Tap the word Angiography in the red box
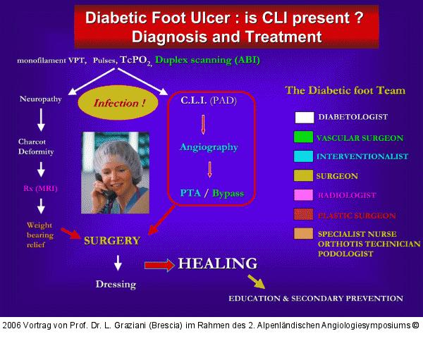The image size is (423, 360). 208,147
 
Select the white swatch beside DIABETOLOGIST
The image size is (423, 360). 304,118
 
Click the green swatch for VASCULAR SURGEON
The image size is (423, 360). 304,137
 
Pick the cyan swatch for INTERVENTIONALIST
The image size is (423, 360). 304,156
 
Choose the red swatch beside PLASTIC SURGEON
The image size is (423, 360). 304,215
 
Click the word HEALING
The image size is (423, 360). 217,264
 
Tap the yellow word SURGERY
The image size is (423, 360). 111,240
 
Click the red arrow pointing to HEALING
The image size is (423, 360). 159,266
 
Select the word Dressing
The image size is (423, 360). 116,285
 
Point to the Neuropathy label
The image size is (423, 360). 41,99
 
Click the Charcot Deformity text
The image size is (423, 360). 36,146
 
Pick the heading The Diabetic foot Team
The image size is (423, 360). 345,91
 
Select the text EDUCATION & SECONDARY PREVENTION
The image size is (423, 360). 316,299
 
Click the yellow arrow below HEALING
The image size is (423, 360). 256,282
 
